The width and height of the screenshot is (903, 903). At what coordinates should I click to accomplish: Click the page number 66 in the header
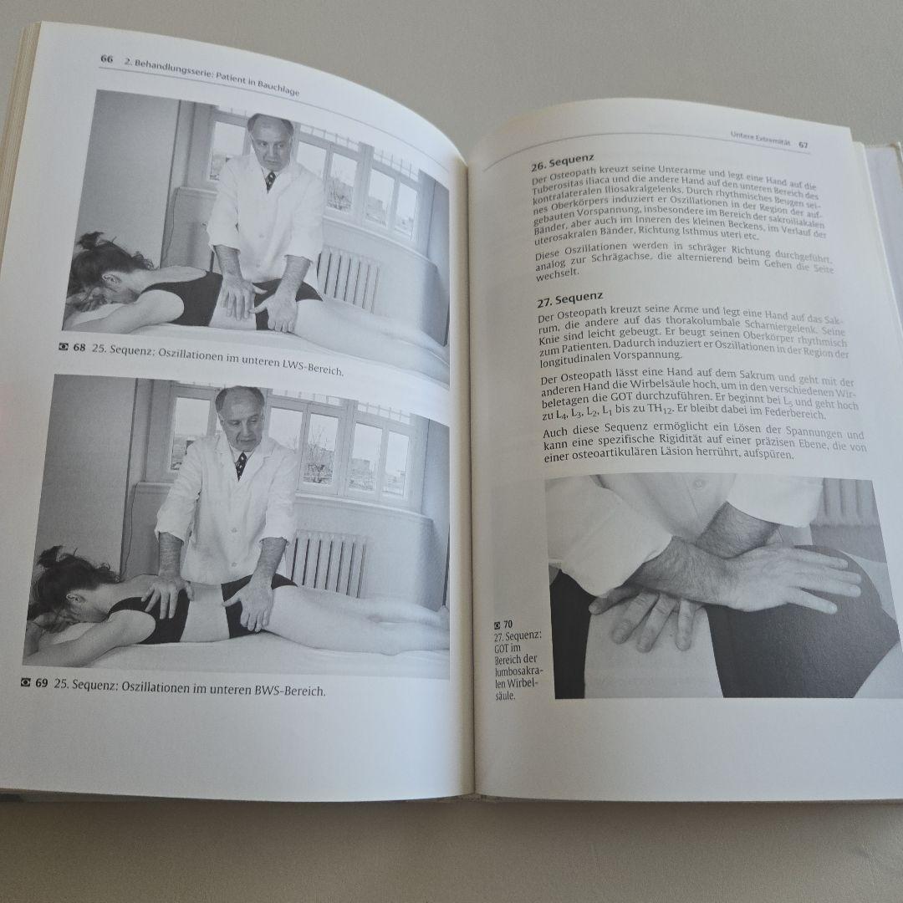(106, 59)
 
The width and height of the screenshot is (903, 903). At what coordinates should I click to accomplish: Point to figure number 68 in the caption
(79, 348)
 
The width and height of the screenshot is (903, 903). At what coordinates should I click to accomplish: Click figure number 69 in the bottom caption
(41, 683)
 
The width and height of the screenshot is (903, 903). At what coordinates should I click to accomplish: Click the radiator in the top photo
(348, 276)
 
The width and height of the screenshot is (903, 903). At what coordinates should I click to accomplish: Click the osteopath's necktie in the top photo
(270, 179)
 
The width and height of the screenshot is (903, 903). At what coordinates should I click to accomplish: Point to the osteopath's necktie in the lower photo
(241, 464)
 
